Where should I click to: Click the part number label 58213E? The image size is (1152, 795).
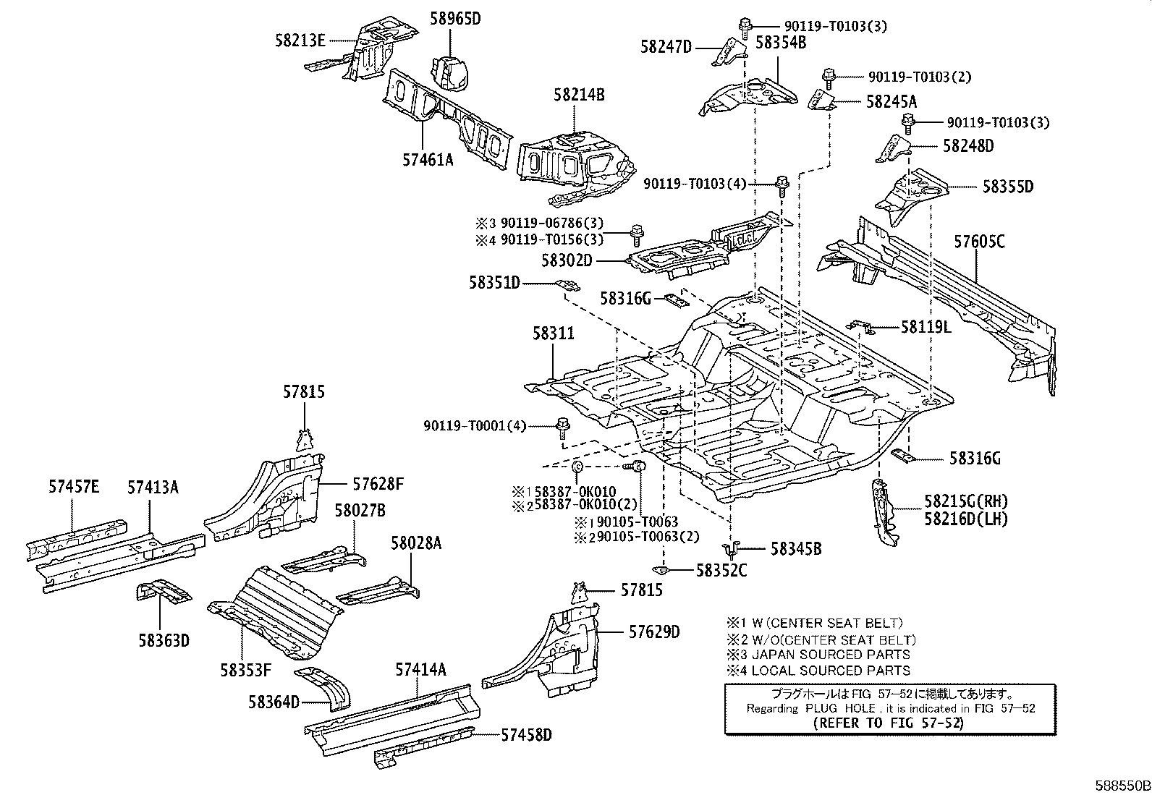[x=300, y=41]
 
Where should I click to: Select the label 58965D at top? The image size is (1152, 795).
[x=455, y=19]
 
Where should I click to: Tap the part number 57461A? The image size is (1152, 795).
[x=428, y=160]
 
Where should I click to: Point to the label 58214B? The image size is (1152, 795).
[x=579, y=94]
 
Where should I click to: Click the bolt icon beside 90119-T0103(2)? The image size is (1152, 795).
[x=830, y=76]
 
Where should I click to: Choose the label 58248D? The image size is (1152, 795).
[x=968, y=145]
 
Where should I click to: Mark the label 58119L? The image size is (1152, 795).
[x=926, y=327]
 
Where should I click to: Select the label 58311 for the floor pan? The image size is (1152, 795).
[x=554, y=333]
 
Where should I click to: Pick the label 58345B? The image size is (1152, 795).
[x=795, y=549]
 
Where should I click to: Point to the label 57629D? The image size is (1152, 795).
[x=653, y=632]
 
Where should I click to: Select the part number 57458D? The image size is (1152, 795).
[x=526, y=735]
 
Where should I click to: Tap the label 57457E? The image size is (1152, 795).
[x=74, y=487]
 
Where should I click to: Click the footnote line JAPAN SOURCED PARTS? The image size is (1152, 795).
[x=822, y=655]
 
